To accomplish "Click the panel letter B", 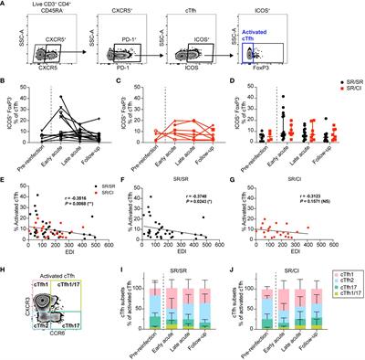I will [5, 85].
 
